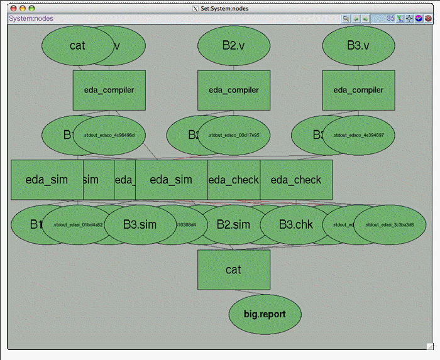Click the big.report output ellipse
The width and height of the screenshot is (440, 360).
click(265, 313)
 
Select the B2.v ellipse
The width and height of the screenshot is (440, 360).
click(233, 45)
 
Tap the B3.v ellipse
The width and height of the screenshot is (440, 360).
click(358, 45)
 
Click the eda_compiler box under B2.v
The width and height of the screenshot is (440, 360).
click(233, 90)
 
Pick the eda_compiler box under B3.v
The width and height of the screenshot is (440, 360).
click(358, 90)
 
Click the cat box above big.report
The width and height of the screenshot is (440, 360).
click(233, 270)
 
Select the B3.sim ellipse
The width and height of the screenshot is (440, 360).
click(139, 224)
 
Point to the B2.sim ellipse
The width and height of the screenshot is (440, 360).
click(233, 224)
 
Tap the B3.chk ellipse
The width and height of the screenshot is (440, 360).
click(295, 224)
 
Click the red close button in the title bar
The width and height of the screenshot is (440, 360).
click(13, 8)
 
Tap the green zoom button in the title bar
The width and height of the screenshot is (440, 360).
click(32, 8)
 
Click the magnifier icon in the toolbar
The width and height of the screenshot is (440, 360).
click(346, 19)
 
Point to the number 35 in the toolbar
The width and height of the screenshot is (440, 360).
click(390, 19)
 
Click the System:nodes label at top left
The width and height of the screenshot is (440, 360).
click(31, 19)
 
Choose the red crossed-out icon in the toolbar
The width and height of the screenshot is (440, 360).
click(428, 19)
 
